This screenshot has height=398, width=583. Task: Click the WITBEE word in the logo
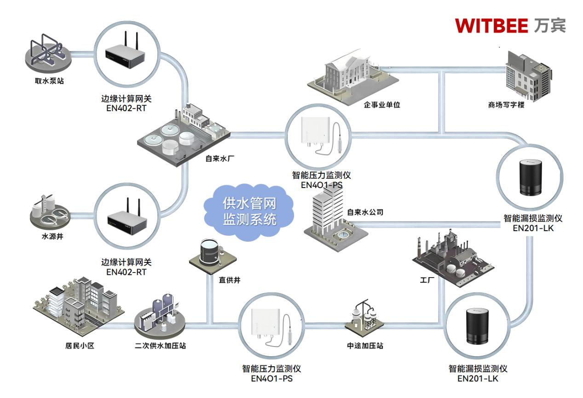491,25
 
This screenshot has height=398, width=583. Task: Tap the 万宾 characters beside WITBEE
550,25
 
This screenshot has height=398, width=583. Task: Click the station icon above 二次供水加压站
158,315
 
